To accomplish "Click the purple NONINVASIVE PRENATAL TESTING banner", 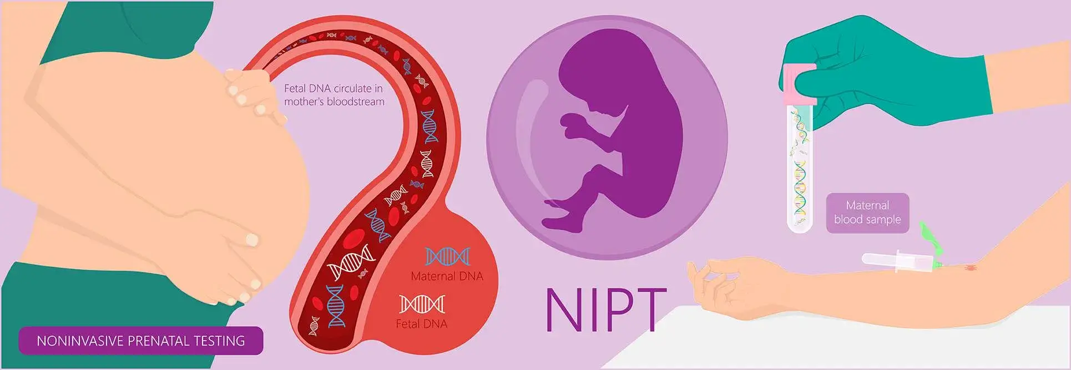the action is [140, 341].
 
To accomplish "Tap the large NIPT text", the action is [606, 310].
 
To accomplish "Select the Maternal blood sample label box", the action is [867, 213].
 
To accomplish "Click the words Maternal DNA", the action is [447, 276].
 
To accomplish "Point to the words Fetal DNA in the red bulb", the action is [421, 324].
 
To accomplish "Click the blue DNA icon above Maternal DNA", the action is [447, 256].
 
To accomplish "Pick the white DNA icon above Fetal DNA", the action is [422, 304].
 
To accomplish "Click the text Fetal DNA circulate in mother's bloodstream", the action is [334, 95].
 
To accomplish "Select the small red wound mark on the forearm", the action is [971, 268].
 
